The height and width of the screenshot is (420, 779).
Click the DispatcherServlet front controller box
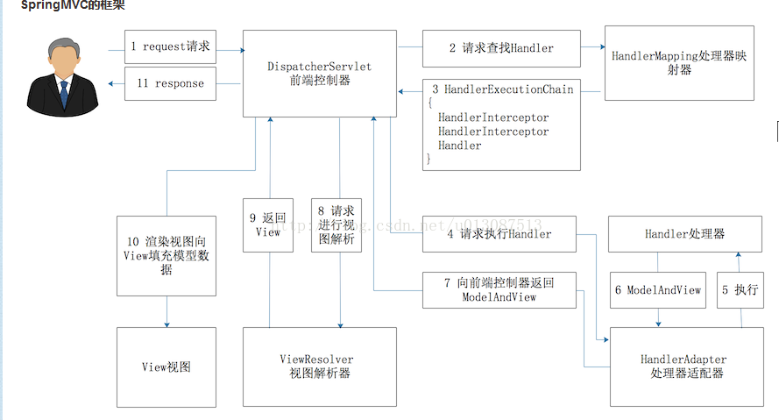point(319,73)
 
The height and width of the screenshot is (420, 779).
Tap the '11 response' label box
point(170,83)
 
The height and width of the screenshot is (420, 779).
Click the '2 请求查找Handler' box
point(501,48)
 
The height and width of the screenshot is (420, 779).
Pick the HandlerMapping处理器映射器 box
point(679,64)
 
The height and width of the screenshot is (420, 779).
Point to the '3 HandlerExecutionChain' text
point(502,89)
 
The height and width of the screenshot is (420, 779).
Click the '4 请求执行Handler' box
point(499,234)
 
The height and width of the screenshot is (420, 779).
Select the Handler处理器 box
point(684,234)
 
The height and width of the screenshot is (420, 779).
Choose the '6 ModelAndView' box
point(657,289)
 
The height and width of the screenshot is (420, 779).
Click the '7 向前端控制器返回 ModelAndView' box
point(499,289)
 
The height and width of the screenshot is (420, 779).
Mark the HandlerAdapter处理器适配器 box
point(683,367)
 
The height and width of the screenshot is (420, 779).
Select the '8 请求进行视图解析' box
point(336,224)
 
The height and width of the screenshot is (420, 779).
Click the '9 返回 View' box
point(268,224)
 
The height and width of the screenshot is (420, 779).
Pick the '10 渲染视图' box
point(166,255)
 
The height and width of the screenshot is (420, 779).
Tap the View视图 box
point(166,367)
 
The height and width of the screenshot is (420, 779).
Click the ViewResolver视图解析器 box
point(319,367)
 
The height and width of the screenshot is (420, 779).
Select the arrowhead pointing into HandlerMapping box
point(601,48)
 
